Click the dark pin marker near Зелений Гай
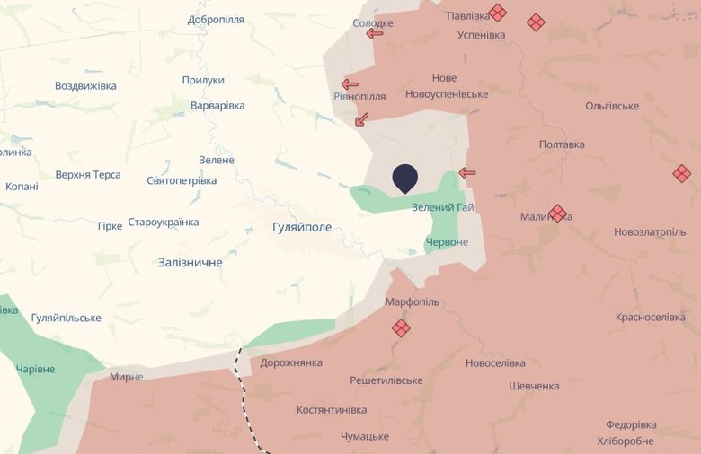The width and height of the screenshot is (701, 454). click(405, 178)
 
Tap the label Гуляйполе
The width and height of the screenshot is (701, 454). click(302, 228)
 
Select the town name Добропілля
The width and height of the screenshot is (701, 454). click(217, 20)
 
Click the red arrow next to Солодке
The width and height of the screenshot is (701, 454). click(375, 33)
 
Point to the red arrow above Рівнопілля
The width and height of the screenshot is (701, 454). click(350, 84)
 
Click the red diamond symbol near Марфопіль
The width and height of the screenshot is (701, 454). click(401, 328)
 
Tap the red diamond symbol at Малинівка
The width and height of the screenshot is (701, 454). click(557, 214)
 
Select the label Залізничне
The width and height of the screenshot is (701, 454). click(190, 263)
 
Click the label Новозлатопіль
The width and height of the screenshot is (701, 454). click(650, 232)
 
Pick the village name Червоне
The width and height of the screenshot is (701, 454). click(447, 243)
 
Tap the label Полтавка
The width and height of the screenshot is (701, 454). click(562, 144)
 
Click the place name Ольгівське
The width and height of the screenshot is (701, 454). click(612, 106)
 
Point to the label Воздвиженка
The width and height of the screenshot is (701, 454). click(85, 86)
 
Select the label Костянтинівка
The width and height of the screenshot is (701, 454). click(332, 410)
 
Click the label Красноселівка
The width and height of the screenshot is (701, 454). click(651, 318)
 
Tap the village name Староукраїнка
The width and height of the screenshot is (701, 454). click(164, 223)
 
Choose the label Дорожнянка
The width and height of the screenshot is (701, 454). click(291, 363)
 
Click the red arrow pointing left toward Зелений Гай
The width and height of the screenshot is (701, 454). click(467, 173)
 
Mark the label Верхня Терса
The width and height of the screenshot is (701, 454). click(88, 175)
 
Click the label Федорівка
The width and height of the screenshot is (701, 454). click(631, 425)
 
